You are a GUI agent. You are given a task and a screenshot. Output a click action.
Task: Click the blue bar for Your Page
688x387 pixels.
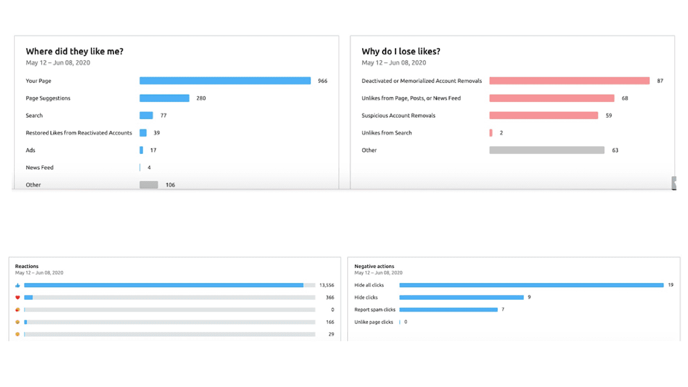pos(225,81)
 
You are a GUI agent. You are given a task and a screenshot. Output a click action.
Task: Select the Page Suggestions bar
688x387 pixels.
pos(164,98)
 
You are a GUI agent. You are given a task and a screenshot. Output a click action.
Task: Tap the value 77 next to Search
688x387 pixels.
pos(163,116)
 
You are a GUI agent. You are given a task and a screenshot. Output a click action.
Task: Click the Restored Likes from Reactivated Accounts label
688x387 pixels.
pos(78,133)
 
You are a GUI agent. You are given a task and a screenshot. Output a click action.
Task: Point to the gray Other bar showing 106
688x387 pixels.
pos(148,185)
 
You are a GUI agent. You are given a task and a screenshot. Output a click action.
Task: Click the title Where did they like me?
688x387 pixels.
pos(74,52)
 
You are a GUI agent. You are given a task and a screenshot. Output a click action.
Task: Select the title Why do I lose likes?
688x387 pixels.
pos(401,52)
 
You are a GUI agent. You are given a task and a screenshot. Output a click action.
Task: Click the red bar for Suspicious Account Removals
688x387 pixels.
pos(543,116)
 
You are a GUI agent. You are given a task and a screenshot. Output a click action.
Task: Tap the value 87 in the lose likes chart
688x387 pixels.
pos(660,81)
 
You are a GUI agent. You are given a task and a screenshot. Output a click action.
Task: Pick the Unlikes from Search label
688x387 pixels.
pos(386,133)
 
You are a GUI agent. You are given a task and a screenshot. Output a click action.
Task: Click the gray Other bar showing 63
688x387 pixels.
pos(546,150)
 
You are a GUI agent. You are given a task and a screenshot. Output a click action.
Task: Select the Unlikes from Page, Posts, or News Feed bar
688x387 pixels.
pos(551,98)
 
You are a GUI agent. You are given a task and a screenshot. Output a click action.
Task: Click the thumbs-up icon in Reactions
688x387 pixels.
pos(18,285)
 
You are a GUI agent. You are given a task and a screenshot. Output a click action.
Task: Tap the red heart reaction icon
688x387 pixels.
pos(18,297)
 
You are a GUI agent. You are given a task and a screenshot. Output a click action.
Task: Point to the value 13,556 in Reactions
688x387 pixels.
pos(326,285)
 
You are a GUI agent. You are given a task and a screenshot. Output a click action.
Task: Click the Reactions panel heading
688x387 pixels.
pos(27,266)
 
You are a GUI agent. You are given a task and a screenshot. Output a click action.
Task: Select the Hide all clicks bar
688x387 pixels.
pos(531,285)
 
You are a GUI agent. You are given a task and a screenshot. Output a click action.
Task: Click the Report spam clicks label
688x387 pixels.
pos(375,310)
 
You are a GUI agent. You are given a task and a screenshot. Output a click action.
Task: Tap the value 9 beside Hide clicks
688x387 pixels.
pos(529,297)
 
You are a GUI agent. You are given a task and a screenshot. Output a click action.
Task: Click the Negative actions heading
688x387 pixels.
pos(374,266)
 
